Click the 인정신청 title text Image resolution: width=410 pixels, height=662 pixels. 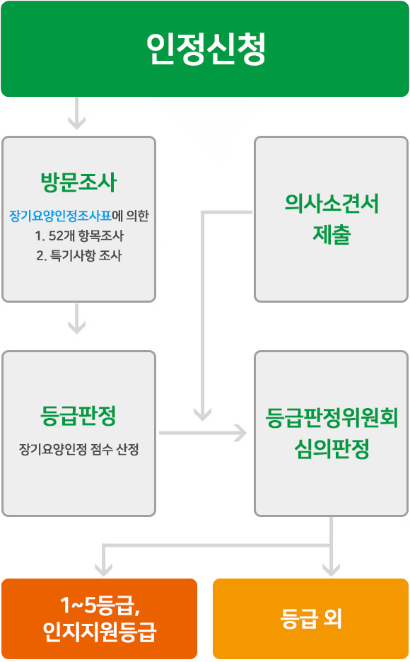pyautogui.click(x=206, y=49)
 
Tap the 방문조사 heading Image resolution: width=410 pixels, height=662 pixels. pyautogui.click(x=78, y=182)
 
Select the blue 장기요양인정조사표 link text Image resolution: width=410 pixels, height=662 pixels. pyautogui.click(x=60, y=216)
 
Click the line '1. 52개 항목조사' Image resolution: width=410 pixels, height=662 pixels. pyautogui.click(x=79, y=236)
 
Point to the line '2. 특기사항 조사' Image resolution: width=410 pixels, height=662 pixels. pyautogui.click(x=79, y=255)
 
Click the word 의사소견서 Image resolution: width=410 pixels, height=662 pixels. pyautogui.click(x=332, y=203)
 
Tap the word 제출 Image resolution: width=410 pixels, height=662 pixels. pyautogui.click(x=332, y=234)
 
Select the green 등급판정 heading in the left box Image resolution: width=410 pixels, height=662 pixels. pyautogui.click(x=78, y=415)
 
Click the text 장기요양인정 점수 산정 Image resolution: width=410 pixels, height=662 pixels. pyautogui.click(x=79, y=449)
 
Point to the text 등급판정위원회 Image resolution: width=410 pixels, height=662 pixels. pyautogui.click(x=332, y=418)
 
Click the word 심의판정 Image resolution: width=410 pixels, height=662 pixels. pyautogui.click(x=332, y=449)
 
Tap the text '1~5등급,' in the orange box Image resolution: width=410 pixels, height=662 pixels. pyautogui.click(x=100, y=605)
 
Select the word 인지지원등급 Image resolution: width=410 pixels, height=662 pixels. pyautogui.click(x=100, y=632)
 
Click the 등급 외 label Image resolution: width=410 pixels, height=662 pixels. pyautogui.click(x=311, y=619)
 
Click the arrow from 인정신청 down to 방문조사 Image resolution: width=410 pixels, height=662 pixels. pyautogui.click(x=77, y=113)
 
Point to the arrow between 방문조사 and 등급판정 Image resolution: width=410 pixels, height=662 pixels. pyautogui.click(x=77, y=319)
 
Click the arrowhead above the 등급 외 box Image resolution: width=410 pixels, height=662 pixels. pyautogui.click(x=331, y=570)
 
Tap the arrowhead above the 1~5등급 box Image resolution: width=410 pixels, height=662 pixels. pyautogui.click(x=103, y=570)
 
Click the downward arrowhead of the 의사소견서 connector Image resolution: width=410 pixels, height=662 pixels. pyautogui.click(x=202, y=415)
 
